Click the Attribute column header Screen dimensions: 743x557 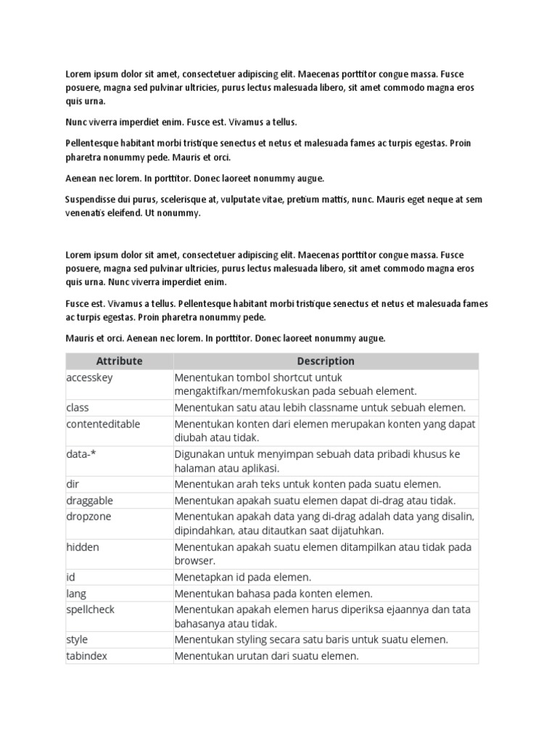point(119,361)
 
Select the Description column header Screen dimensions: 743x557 point(326,361)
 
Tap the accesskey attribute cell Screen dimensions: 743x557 point(89,378)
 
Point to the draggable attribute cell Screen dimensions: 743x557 point(89,501)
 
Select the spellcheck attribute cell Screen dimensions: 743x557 point(90,609)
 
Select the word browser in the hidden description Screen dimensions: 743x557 point(194,561)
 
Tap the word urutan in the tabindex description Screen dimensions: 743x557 point(249,656)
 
